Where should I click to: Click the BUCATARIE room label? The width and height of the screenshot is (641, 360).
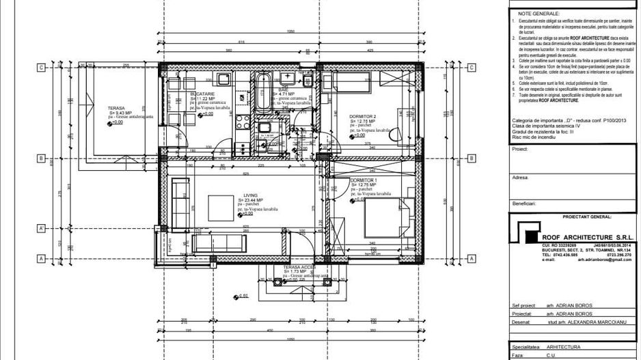pos(203,93)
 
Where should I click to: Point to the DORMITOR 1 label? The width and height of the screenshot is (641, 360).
pos(363,181)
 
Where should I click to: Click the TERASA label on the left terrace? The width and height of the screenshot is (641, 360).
pos(115,109)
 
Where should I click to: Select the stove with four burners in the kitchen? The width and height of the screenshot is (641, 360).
pos(243,121)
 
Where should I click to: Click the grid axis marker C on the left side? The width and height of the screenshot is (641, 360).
pos(41,68)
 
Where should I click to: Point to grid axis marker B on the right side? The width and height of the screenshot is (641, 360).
pos(471,158)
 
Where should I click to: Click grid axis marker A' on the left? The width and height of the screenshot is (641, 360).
pos(41,228)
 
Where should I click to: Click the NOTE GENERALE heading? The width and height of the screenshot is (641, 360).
pos(538,13)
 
